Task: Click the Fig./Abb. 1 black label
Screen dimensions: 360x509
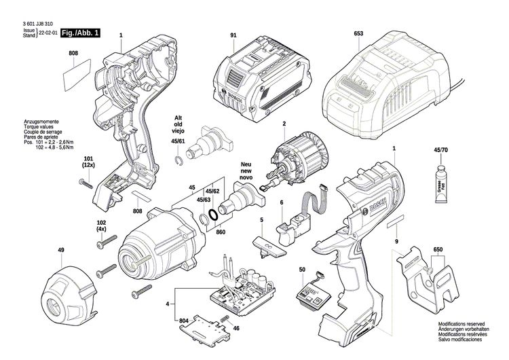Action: coord(79,33)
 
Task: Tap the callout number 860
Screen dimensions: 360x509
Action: coord(220,233)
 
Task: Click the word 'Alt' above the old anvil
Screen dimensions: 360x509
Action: coord(178,116)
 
